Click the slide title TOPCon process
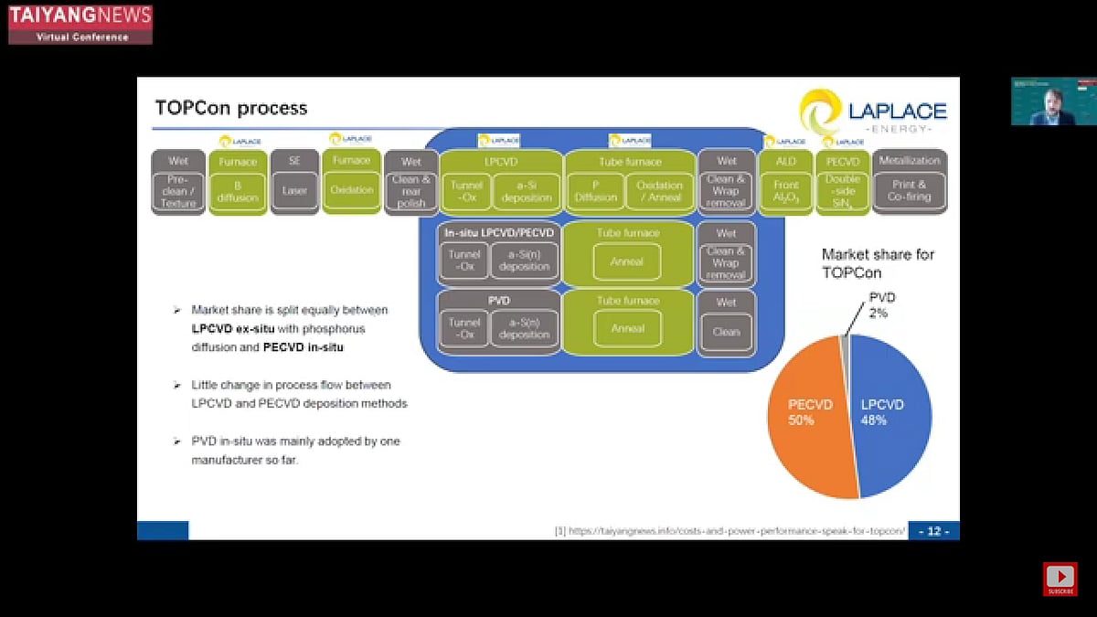(x=231, y=109)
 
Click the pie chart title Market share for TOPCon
(x=878, y=262)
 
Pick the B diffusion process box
(x=237, y=191)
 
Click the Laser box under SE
(x=294, y=191)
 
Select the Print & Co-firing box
(x=910, y=191)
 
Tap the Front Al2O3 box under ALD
(x=785, y=191)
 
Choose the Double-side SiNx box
(x=842, y=191)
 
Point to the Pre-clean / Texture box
(x=178, y=191)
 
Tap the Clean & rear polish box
(x=411, y=191)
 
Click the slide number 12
(x=933, y=531)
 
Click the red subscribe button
(x=1060, y=579)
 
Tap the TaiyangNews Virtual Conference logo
(x=80, y=24)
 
